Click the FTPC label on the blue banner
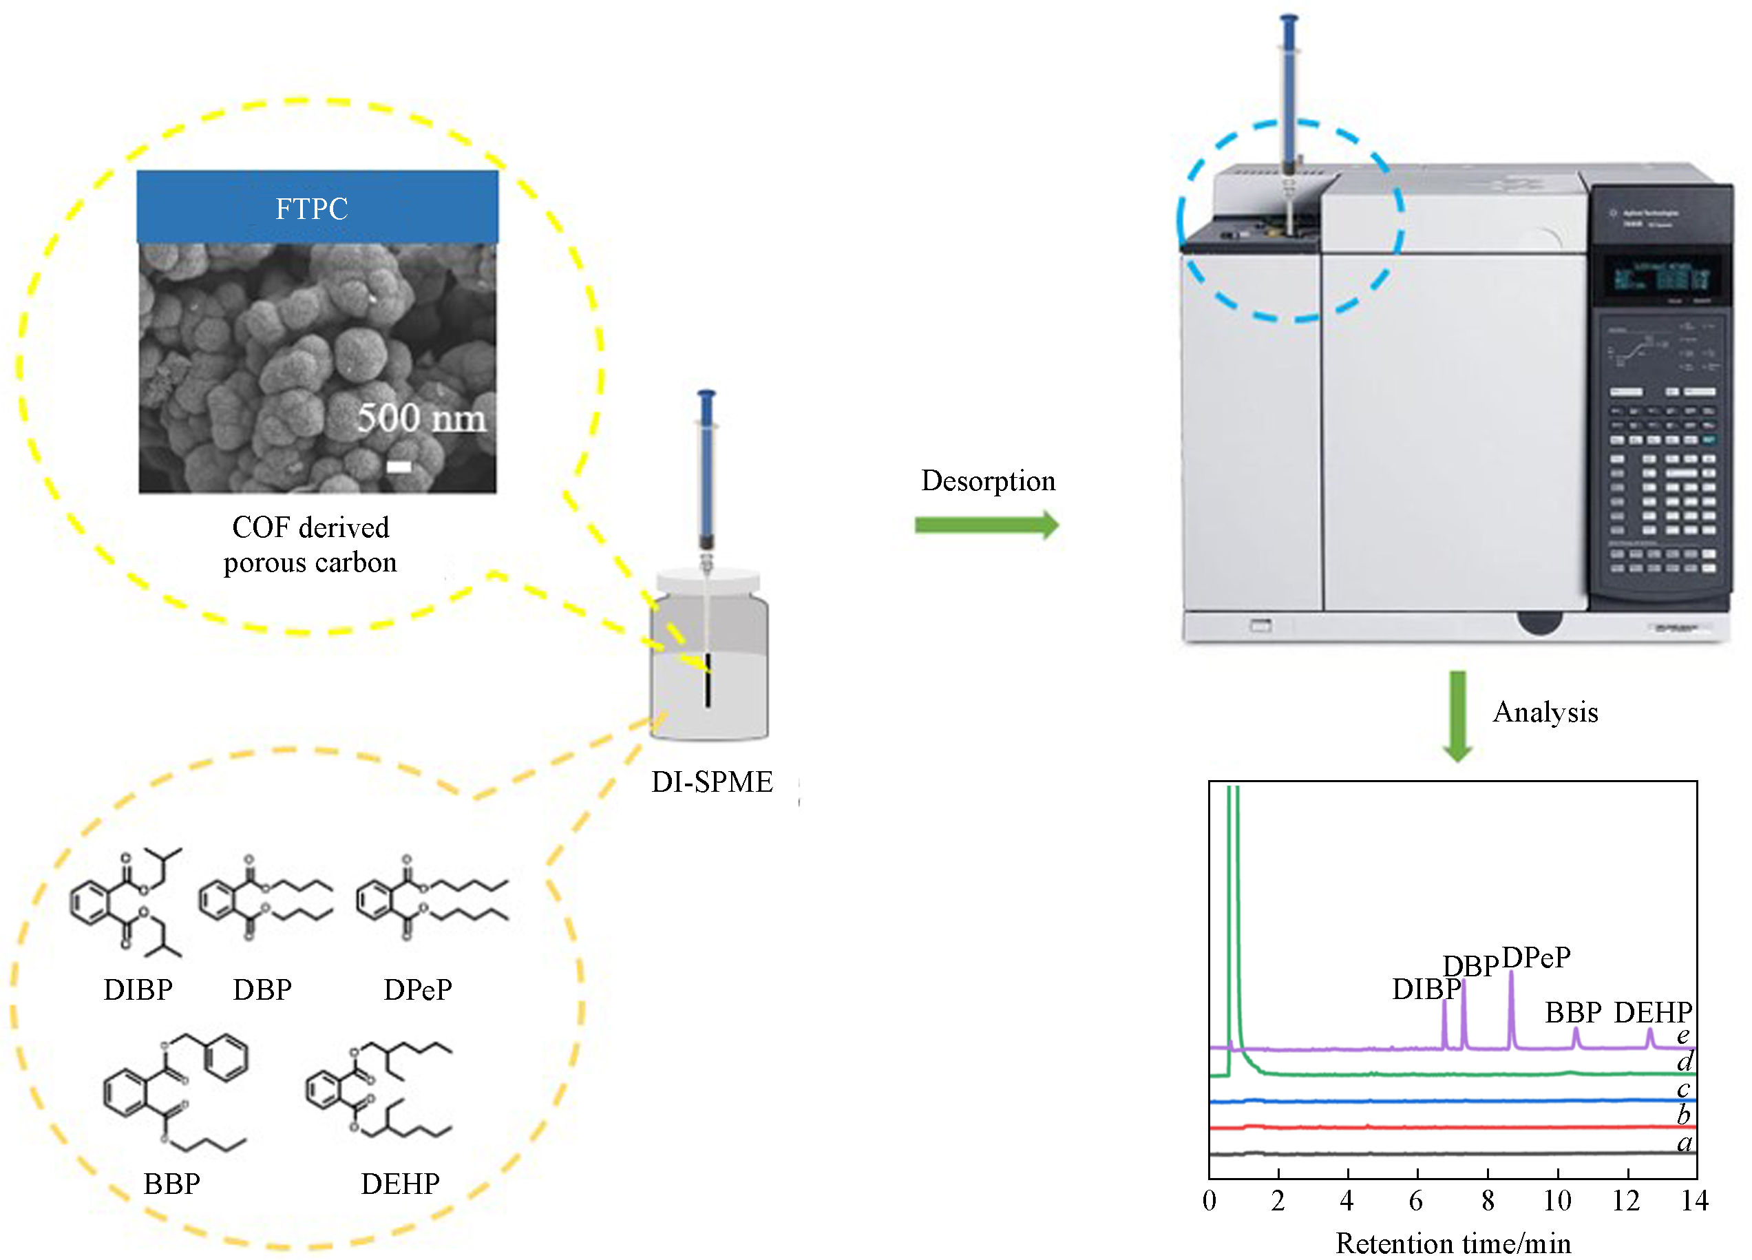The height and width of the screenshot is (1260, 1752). pos(311,209)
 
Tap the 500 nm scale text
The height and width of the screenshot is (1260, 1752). pos(421,418)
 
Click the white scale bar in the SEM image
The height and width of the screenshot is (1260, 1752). pos(399,466)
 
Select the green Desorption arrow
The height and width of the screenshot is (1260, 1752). pos(986,525)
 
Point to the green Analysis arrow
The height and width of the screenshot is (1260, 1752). pos(1457,715)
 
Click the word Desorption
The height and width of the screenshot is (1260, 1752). pos(988,481)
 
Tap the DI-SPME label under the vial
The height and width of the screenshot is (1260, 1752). pos(711,781)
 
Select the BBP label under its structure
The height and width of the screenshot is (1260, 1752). pos(171,1184)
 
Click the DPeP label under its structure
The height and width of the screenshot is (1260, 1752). pos(418,989)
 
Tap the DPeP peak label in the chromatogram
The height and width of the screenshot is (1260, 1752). pos(1536,958)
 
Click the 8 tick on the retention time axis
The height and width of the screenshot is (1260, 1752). pos(1488,1201)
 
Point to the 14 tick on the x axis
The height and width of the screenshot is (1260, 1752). pos(1695,1201)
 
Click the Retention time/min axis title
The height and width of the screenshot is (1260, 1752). pos(1453,1243)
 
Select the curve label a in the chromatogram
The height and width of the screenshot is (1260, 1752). pos(1685,1142)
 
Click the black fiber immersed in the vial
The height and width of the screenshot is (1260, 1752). pos(707,680)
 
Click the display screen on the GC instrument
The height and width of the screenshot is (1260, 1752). pos(1658,277)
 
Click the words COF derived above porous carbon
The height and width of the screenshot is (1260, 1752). pos(310,527)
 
